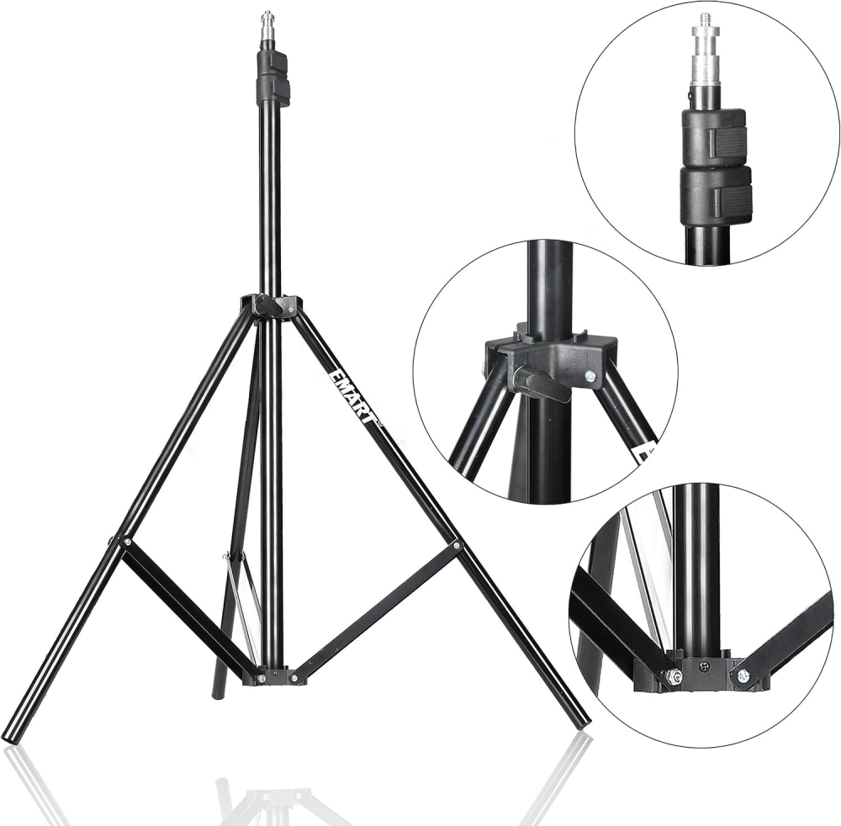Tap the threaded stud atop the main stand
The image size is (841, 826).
(x=268, y=23)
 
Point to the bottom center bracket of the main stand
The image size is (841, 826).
(x=274, y=675)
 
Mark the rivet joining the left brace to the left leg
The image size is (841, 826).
(x=124, y=543)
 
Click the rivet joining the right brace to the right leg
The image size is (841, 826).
(x=457, y=546)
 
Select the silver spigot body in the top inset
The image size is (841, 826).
(x=705, y=67)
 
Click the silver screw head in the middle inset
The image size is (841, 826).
(x=591, y=377)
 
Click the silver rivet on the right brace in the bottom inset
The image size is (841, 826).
(x=742, y=675)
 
